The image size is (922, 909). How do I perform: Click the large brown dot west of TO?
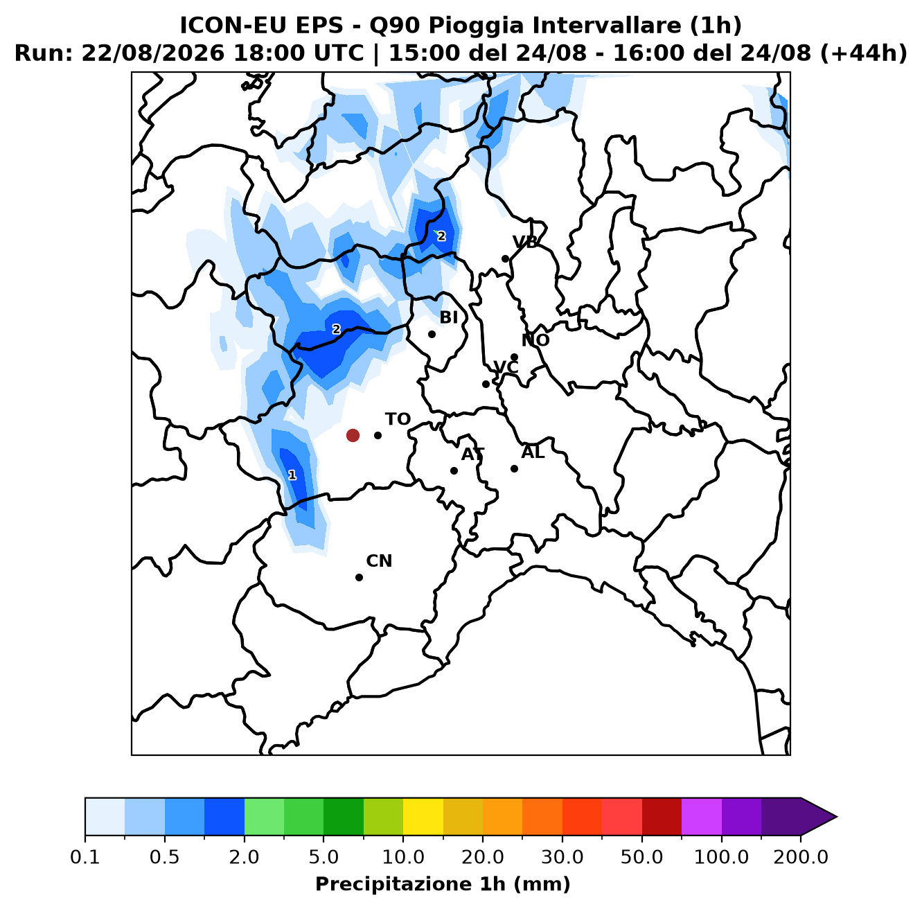(x=353, y=435)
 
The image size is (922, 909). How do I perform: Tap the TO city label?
(x=398, y=419)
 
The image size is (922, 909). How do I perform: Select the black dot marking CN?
(x=359, y=577)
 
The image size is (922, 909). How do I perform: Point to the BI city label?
(x=449, y=317)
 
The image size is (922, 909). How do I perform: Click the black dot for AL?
(x=514, y=468)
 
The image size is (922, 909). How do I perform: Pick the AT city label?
(x=473, y=454)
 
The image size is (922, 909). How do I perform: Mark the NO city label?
(x=535, y=340)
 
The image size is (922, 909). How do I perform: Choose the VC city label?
(x=506, y=367)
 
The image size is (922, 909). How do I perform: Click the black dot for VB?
(x=505, y=259)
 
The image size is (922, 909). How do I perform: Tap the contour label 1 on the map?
(x=292, y=475)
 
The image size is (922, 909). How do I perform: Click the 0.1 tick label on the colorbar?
(x=85, y=857)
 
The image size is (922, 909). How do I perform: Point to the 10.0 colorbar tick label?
(x=403, y=857)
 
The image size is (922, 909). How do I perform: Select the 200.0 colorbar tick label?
(x=801, y=857)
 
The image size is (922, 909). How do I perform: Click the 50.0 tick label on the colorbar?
(x=641, y=857)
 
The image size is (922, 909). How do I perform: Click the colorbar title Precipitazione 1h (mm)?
(x=443, y=883)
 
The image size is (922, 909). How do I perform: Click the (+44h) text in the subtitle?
(x=864, y=53)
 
